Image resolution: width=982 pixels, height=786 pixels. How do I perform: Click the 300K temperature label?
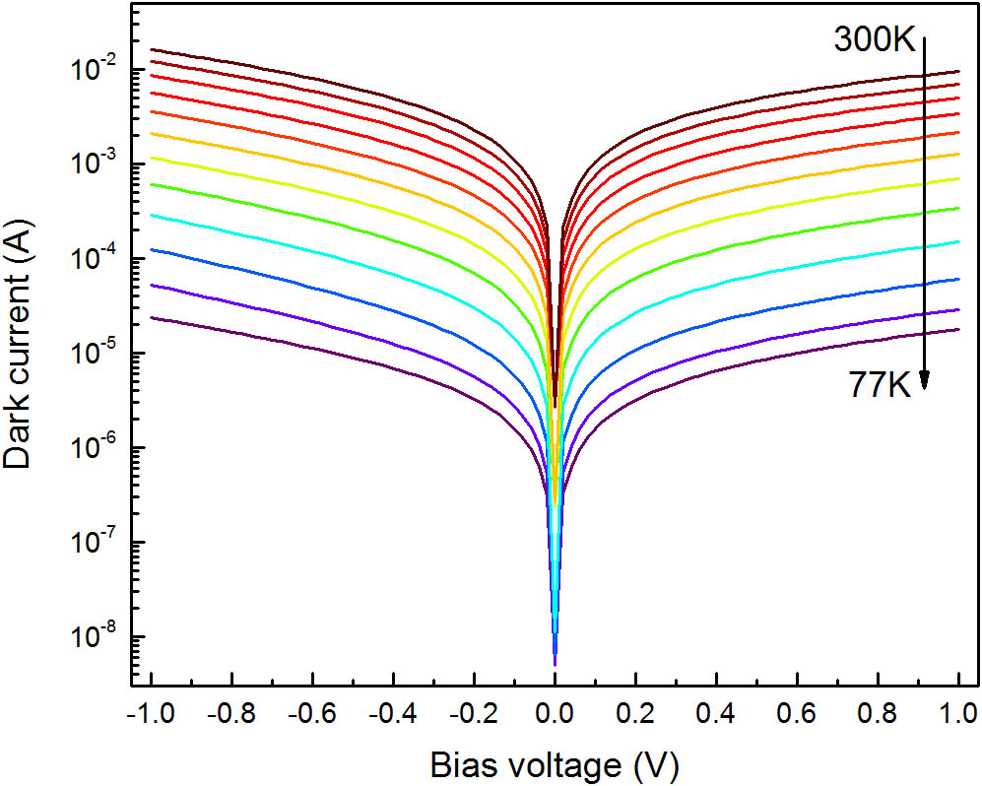point(876,40)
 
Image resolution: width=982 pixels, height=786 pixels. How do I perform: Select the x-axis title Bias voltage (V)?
point(555,762)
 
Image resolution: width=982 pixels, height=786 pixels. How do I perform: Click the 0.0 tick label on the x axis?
point(555,713)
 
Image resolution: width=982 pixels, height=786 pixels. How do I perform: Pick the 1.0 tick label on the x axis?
point(958,713)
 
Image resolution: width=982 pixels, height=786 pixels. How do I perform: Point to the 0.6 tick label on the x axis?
point(797,713)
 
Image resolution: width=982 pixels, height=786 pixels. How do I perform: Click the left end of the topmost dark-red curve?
point(152,49)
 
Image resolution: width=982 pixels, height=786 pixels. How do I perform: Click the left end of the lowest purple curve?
point(152,317)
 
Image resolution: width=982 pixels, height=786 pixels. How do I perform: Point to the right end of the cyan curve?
point(958,241)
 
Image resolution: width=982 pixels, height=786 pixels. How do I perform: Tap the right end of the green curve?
point(958,208)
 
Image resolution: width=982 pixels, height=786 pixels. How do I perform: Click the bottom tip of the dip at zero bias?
point(555,665)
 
